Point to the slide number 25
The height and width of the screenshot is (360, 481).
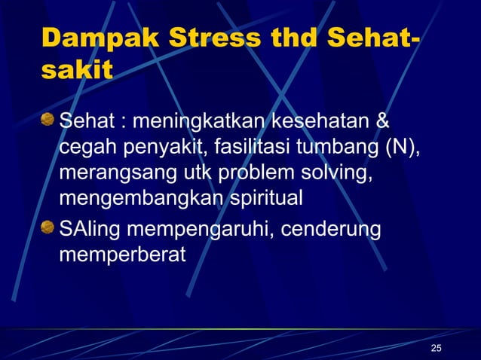436,347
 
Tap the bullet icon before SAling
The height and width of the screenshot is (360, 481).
49,227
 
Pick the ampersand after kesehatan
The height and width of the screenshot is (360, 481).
382,121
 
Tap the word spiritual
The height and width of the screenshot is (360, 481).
257,199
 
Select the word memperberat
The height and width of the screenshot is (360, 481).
121,255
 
